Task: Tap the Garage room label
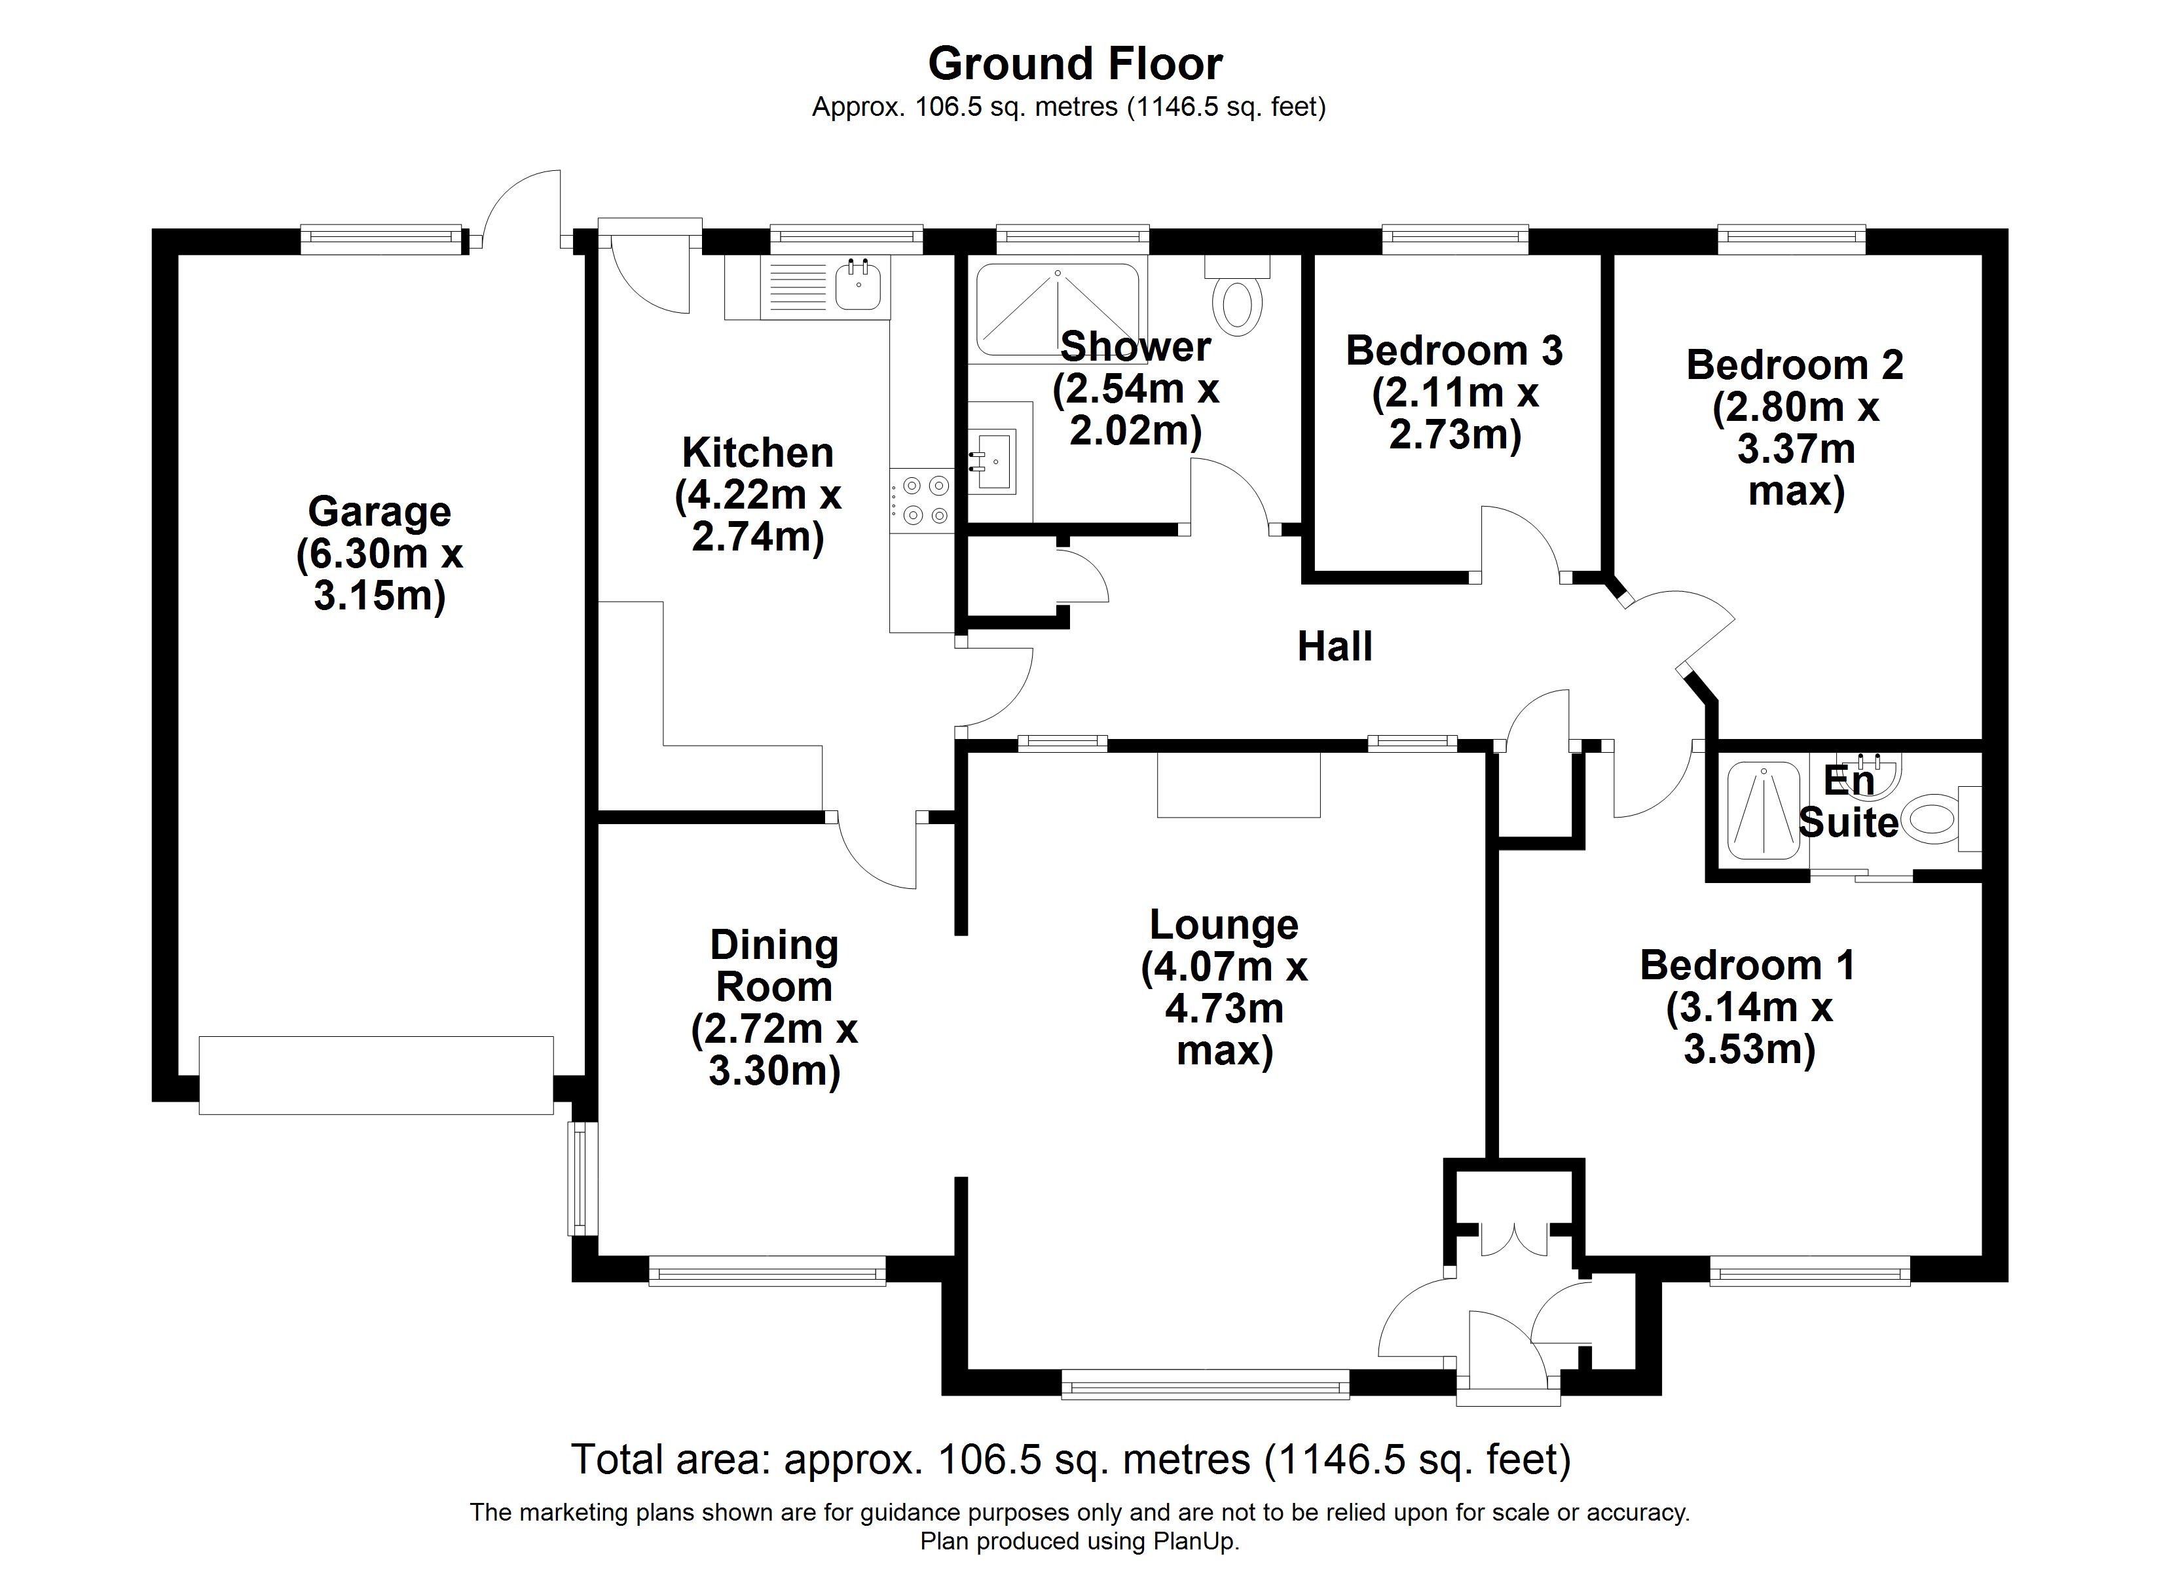point(379,512)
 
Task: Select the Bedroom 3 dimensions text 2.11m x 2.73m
point(1455,414)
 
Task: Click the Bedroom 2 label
point(1795,365)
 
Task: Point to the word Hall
point(1335,647)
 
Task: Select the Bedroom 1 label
point(1748,965)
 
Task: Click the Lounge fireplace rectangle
point(1239,785)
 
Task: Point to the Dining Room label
point(773,965)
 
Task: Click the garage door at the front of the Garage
point(377,1075)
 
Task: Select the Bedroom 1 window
point(1809,1272)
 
